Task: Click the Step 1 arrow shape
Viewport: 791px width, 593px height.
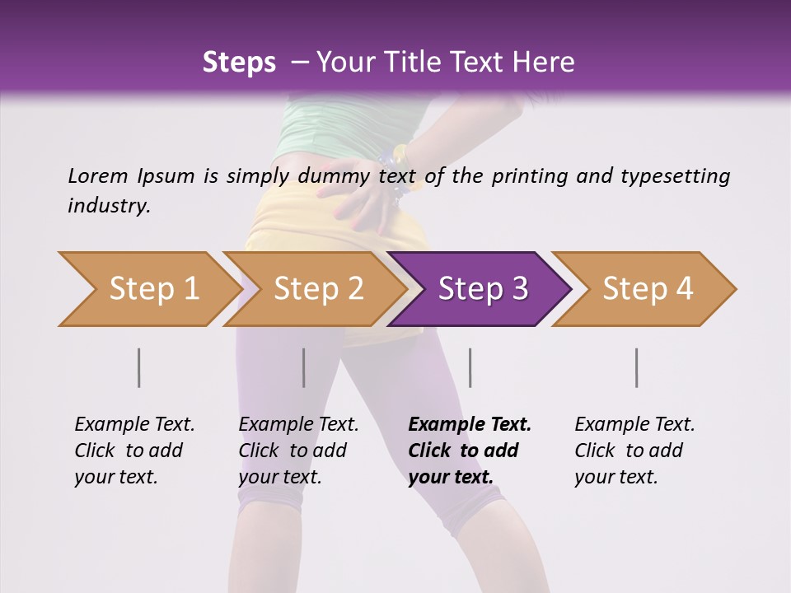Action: pos(148,289)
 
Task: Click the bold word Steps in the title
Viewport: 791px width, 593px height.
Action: pos(239,62)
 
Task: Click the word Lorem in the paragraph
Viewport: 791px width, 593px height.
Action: pos(97,175)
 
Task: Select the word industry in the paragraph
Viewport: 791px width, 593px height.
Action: pos(109,205)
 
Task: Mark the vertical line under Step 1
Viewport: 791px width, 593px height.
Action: pos(139,367)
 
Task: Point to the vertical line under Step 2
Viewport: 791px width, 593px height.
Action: pos(304,367)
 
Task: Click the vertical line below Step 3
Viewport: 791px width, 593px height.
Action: pos(470,367)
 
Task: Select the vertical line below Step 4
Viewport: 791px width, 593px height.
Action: pos(636,367)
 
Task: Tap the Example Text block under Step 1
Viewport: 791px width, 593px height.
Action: pos(134,451)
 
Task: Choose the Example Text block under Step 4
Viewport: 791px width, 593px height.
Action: pos(634,451)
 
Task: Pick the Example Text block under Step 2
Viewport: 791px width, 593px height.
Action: pos(298,451)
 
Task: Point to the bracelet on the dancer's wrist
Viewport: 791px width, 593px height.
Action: pos(394,173)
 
